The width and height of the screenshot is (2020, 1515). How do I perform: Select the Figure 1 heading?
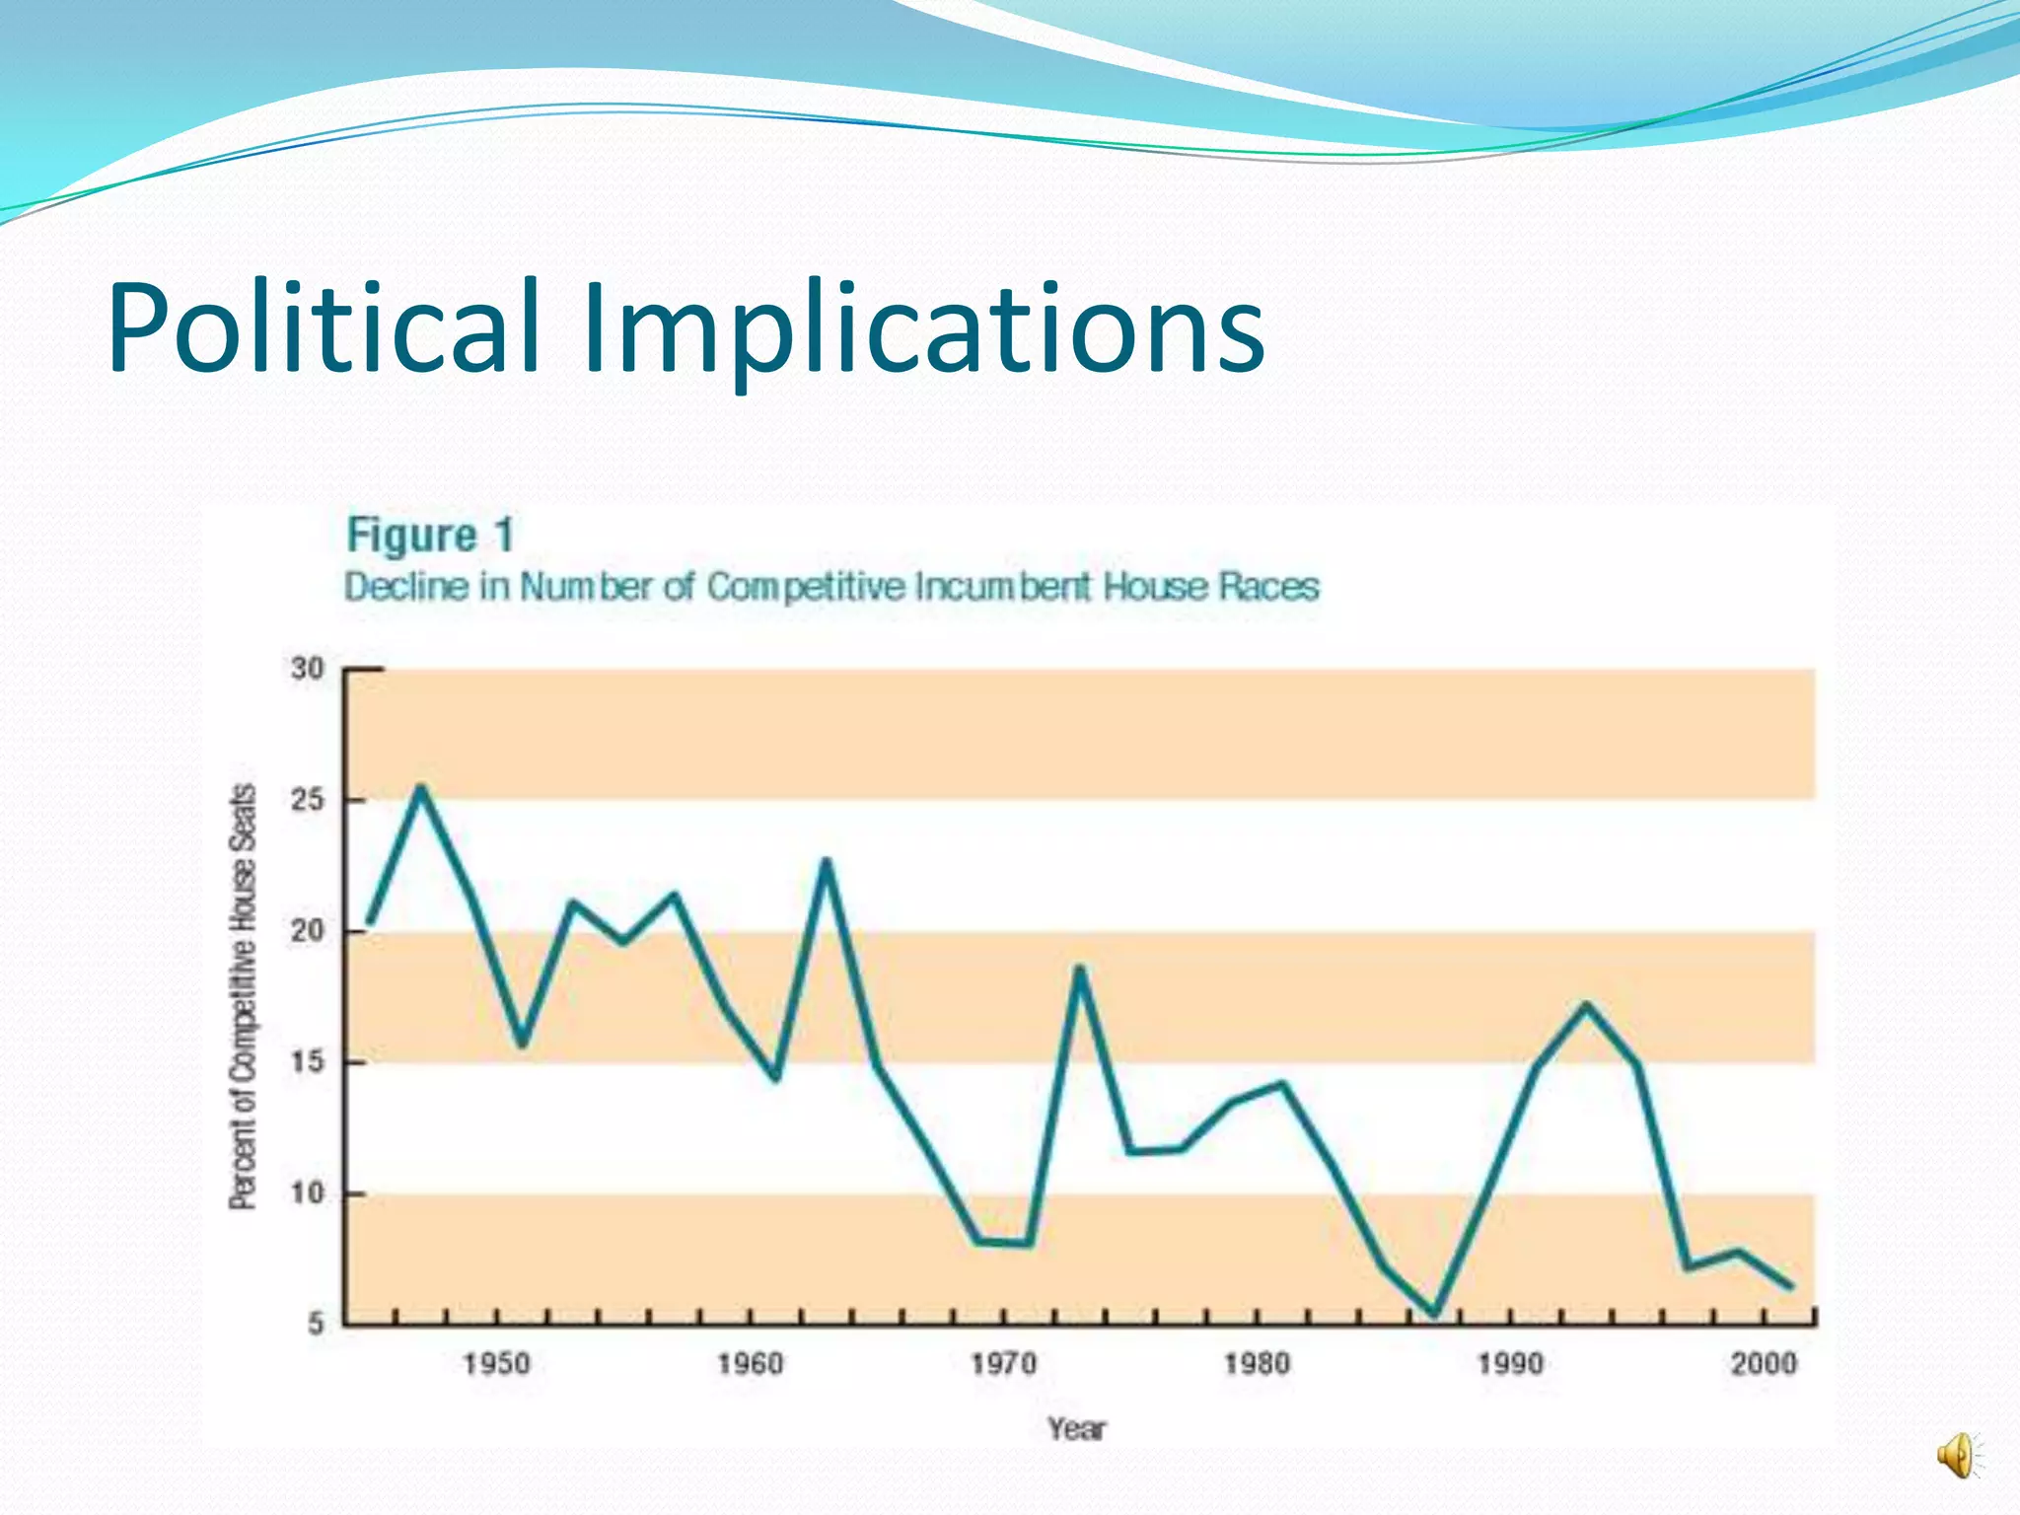point(430,536)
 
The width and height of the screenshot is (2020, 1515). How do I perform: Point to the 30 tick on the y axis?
point(308,669)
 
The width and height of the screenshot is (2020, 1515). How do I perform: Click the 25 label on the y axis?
point(308,800)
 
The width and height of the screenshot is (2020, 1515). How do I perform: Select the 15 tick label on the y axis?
point(308,1062)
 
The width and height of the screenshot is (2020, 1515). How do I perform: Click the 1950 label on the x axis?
point(497,1364)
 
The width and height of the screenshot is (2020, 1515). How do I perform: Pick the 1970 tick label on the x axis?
point(1004,1364)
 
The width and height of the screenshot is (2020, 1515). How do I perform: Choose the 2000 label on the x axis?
point(1765,1364)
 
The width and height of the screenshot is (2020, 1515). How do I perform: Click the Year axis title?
point(1077,1428)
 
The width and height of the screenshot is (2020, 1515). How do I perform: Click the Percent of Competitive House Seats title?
point(243,996)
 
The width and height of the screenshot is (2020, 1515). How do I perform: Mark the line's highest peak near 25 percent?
point(421,788)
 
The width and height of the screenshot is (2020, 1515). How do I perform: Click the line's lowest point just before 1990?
point(1434,1313)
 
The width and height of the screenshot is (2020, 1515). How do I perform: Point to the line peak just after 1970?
point(1080,970)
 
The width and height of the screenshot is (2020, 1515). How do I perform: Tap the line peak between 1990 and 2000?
point(1586,1005)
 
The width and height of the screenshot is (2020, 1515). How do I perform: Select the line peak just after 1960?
point(827,862)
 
